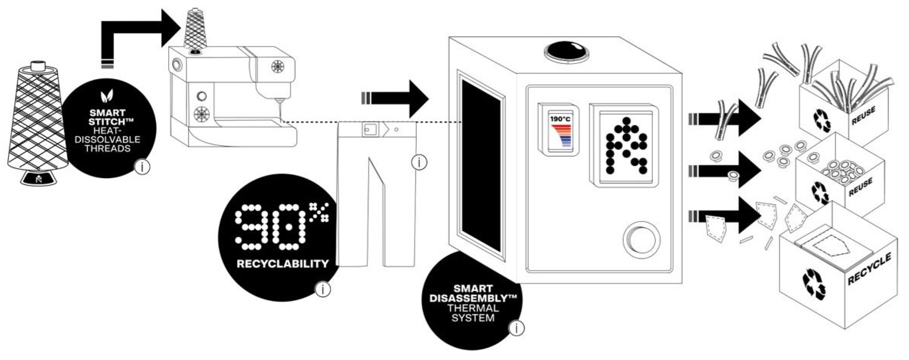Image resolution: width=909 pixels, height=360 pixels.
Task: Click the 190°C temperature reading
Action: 560,119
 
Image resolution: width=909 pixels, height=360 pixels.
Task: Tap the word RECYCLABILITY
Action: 283,264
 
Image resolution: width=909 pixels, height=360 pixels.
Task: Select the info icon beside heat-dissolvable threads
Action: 142,167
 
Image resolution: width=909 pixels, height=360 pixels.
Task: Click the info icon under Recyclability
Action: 323,289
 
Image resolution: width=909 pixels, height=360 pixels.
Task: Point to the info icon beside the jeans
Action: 419,162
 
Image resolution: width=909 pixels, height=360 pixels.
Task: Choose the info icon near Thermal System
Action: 516,329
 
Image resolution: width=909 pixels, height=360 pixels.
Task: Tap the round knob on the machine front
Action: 641,239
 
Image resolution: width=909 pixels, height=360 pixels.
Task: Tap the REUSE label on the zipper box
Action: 863,116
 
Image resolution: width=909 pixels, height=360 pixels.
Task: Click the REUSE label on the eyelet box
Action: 860,187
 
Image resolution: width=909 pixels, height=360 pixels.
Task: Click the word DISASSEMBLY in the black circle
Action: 473,298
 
